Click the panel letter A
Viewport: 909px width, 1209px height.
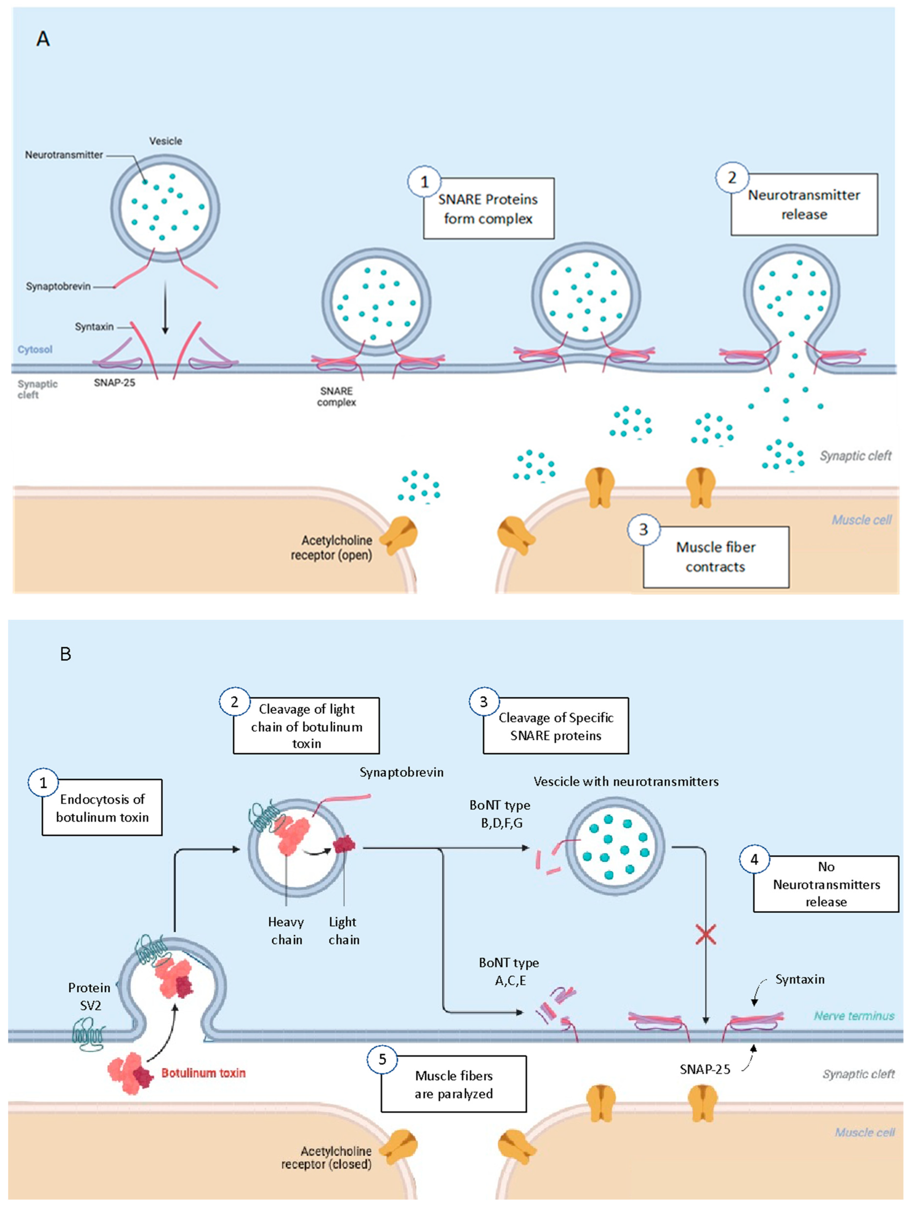(43, 39)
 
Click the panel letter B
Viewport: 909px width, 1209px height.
(65, 654)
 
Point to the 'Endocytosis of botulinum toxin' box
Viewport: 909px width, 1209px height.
(102, 808)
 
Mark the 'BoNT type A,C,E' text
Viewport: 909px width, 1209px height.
(509, 971)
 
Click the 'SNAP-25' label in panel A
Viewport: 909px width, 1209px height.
(114, 382)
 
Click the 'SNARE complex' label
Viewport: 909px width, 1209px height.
(336, 396)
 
